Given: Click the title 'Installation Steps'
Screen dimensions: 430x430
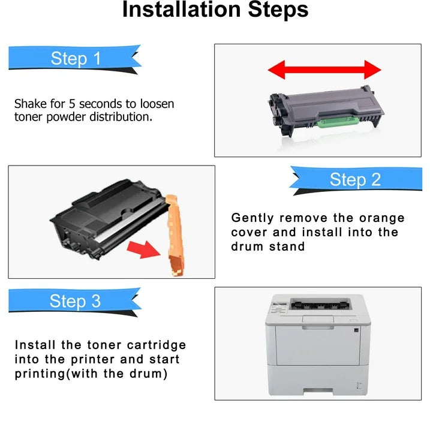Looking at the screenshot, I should coord(215,10).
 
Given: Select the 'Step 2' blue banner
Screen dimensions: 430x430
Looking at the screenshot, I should coord(355,179).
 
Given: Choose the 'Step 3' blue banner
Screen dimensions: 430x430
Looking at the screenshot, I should coord(75,301).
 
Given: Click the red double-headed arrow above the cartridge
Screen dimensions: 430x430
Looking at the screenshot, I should coord(324,70).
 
